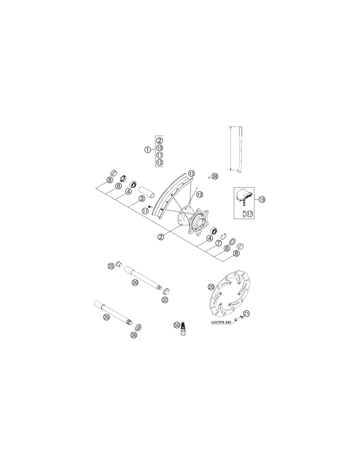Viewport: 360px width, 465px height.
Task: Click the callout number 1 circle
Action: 148,150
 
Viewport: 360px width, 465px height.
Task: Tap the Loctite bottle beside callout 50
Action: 183,331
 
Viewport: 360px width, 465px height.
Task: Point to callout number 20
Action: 211,287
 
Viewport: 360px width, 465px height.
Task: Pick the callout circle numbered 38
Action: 215,176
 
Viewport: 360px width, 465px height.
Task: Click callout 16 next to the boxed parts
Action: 262,199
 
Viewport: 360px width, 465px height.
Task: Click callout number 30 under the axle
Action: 135,283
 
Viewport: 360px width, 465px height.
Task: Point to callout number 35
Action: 106,317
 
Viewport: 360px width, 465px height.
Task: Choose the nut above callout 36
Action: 138,327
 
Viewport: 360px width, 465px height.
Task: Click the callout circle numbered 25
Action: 111,266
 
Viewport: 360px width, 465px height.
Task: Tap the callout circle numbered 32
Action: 165,300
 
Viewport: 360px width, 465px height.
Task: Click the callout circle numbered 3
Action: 142,198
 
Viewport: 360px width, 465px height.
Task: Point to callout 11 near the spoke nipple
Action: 145,211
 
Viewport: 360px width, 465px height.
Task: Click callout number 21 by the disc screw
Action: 247,314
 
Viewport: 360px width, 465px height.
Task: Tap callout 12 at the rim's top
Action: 191,173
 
